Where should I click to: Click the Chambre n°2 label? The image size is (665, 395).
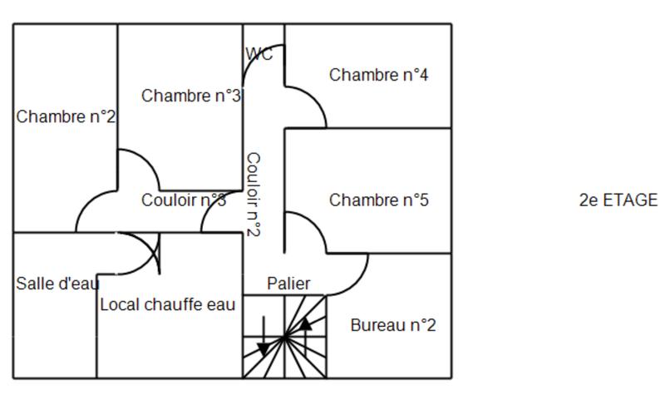(x=66, y=117)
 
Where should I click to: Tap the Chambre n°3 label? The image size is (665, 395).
(x=191, y=96)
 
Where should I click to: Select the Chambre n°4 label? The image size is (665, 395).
(x=378, y=75)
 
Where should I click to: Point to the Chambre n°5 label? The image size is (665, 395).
(x=378, y=200)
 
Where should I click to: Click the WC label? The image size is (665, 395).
(x=259, y=54)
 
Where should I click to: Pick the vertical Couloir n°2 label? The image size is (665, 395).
(x=254, y=194)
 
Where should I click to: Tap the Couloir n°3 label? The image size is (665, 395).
(x=184, y=200)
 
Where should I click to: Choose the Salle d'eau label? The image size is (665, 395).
(x=57, y=284)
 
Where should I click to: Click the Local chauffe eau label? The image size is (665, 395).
(x=168, y=304)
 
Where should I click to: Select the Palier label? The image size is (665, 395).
(x=288, y=284)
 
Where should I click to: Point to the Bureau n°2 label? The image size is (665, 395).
(x=393, y=325)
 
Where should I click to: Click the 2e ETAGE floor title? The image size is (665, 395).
(x=618, y=200)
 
